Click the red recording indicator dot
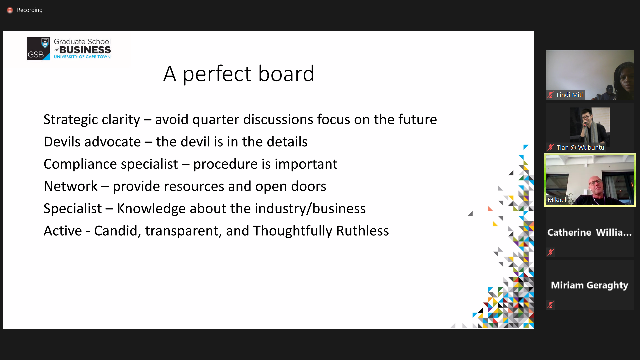click(x=10, y=10)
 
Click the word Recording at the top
click(x=30, y=10)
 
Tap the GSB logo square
click(x=38, y=49)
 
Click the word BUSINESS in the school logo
click(x=85, y=50)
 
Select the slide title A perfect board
click(x=239, y=74)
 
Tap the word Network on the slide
click(x=71, y=186)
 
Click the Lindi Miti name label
click(x=570, y=95)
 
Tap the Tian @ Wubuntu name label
click(x=580, y=148)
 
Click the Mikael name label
click(x=557, y=200)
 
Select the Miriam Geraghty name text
click(x=589, y=285)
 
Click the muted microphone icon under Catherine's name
click(x=551, y=252)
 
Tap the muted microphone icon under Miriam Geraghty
click(x=551, y=304)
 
